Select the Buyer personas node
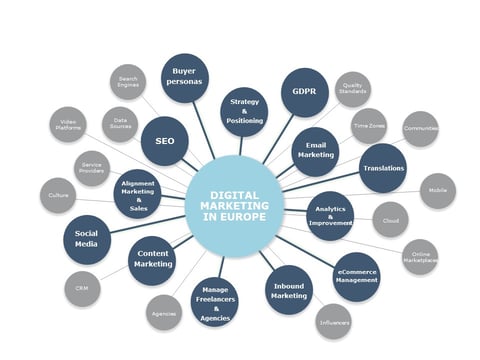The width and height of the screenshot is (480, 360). coord(185,78)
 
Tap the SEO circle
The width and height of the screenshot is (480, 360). coord(165,141)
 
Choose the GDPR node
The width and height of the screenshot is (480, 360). coord(305,92)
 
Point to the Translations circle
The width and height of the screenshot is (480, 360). coord(383,168)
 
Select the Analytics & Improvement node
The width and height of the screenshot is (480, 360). coord(330,216)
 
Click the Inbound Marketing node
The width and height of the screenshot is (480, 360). coord(290,290)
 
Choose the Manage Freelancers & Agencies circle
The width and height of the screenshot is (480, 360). coord(214,303)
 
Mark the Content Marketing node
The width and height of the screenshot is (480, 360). coord(153,259)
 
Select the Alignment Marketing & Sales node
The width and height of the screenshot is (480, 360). coord(138,194)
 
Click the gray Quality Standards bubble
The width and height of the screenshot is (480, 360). coord(352,90)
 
